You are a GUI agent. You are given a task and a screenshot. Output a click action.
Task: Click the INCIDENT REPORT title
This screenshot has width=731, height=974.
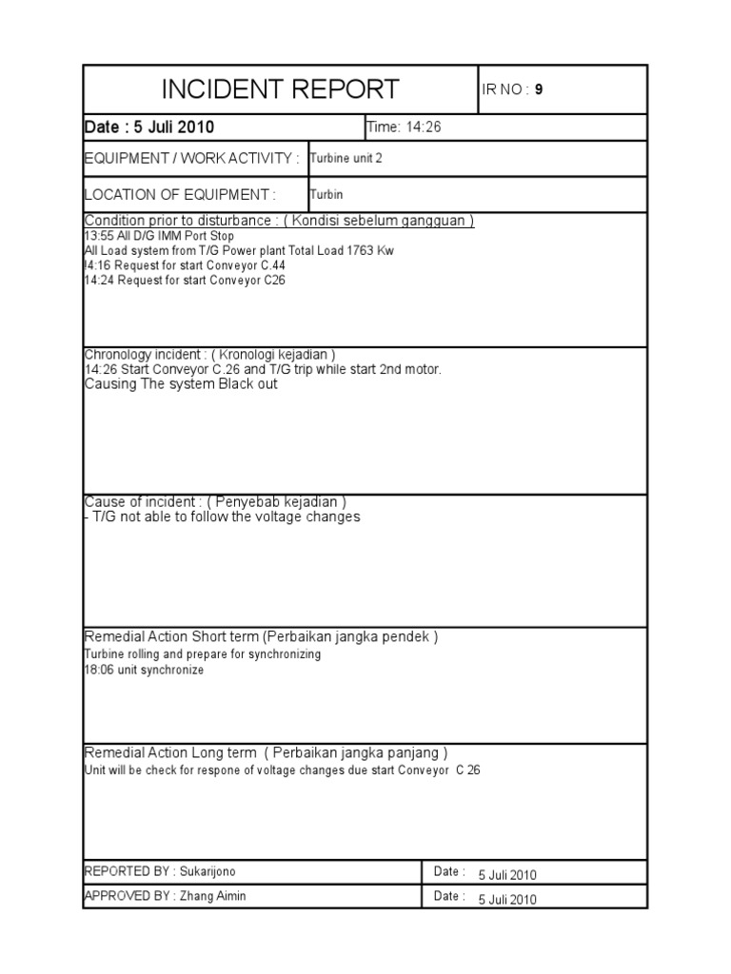[280, 90]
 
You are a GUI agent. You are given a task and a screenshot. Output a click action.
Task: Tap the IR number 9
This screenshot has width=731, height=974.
[539, 90]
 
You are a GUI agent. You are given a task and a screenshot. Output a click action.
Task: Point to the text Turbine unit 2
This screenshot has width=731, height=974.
[346, 159]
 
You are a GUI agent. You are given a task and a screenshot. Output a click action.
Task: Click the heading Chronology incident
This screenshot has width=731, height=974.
[209, 355]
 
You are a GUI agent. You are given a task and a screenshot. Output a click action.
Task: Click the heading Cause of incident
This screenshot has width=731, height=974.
[215, 501]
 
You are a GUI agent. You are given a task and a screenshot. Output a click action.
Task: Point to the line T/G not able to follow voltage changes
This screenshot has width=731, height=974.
[223, 516]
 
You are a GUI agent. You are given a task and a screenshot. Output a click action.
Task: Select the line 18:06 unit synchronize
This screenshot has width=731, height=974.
[144, 670]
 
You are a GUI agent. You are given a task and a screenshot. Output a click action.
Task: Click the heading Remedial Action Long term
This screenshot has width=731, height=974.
[266, 752]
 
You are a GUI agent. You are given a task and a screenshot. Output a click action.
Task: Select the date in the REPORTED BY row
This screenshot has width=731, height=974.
[507, 875]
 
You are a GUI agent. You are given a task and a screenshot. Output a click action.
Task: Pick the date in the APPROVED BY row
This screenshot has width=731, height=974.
[507, 899]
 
